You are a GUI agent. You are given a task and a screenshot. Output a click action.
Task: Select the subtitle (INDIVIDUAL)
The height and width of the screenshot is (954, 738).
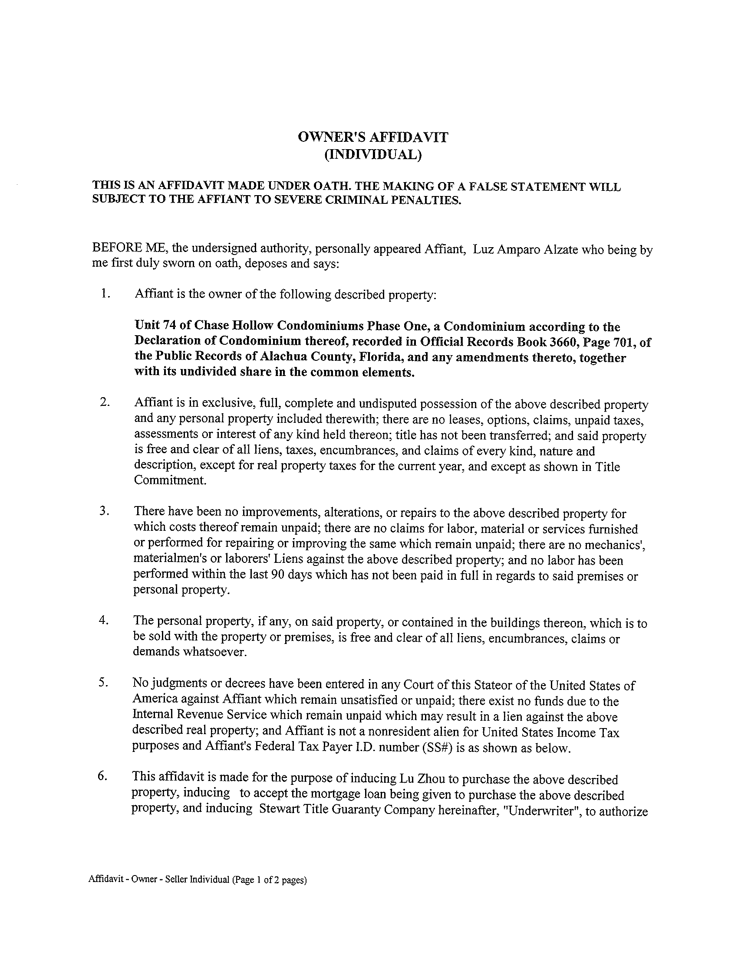[x=372, y=155]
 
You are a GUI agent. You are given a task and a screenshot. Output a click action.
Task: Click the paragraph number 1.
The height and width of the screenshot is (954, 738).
[x=105, y=294]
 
